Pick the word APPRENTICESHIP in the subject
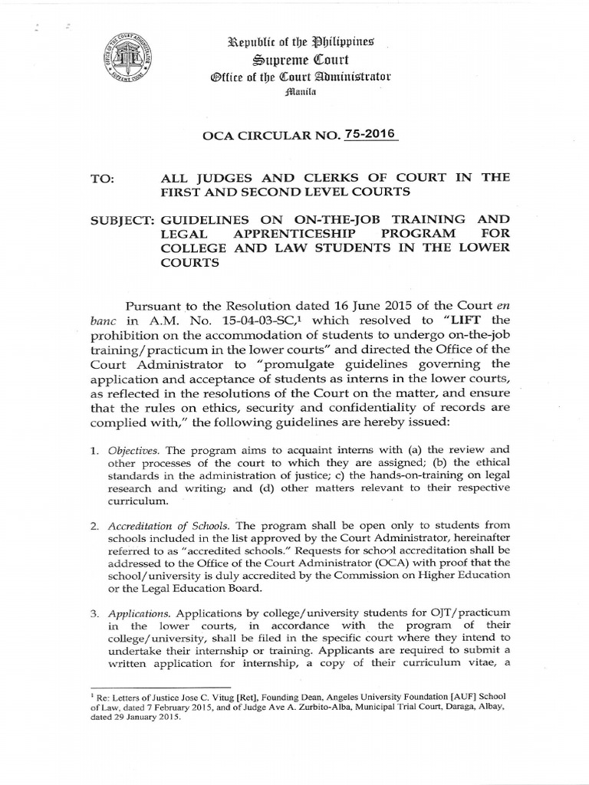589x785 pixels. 275,233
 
